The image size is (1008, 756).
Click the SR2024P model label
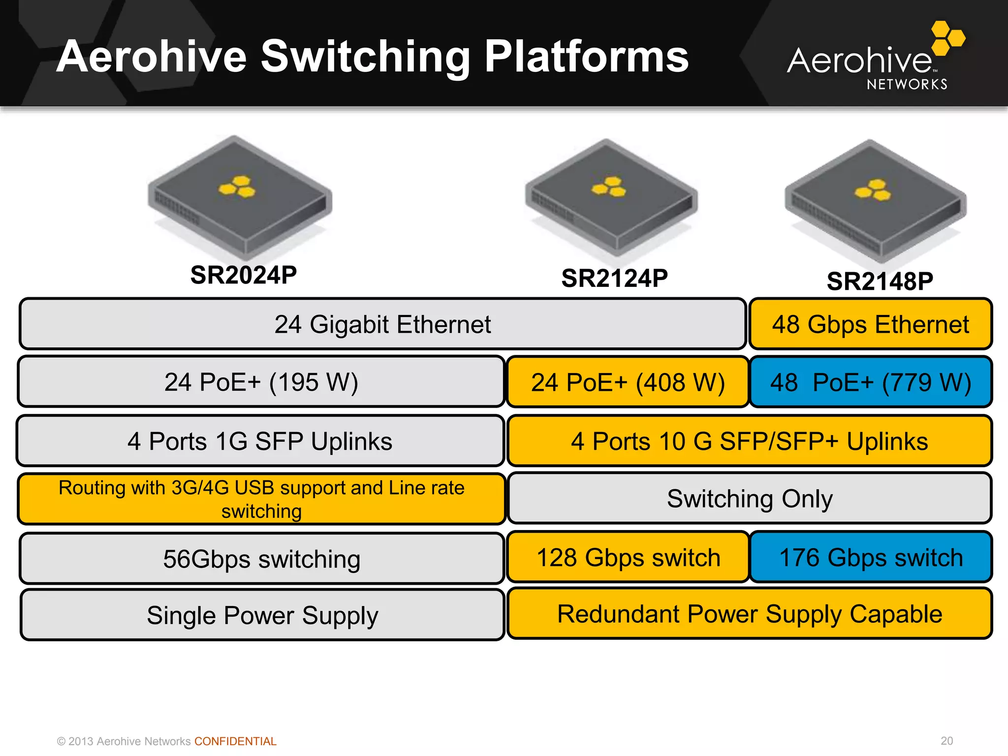pyautogui.click(x=244, y=275)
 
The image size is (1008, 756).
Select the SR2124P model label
pyautogui.click(x=614, y=279)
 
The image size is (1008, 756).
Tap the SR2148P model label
pyautogui.click(x=880, y=282)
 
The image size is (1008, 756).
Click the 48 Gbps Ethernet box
pyautogui.click(x=870, y=324)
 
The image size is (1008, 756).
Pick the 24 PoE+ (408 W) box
pyautogui.click(x=628, y=382)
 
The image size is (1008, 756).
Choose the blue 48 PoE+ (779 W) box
pyautogui.click(x=870, y=382)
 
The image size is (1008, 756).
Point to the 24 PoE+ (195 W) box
pyautogui.click(x=261, y=382)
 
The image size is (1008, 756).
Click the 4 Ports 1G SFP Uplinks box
pyautogui.click(x=260, y=441)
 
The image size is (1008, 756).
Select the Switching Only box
pyautogui.click(x=749, y=499)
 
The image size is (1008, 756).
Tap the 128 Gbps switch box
pyautogui.click(x=628, y=558)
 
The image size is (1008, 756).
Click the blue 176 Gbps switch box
pyautogui.click(x=870, y=558)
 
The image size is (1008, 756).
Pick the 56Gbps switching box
pyautogui.click(x=261, y=559)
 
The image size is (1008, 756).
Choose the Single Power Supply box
pyautogui.click(x=262, y=615)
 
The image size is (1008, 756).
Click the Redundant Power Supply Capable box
pyautogui.click(x=749, y=614)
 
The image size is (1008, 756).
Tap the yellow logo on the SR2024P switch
pyautogui.click(x=238, y=187)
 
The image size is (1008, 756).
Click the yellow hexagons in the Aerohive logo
pyautogui.click(x=947, y=37)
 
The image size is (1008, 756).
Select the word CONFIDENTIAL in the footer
pyautogui.click(x=235, y=741)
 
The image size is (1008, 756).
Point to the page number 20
pyautogui.click(x=946, y=741)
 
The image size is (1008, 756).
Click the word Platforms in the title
pyautogui.click(x=586, y=57)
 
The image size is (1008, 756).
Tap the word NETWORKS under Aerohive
pyautogui.click(x=907, y=85)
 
